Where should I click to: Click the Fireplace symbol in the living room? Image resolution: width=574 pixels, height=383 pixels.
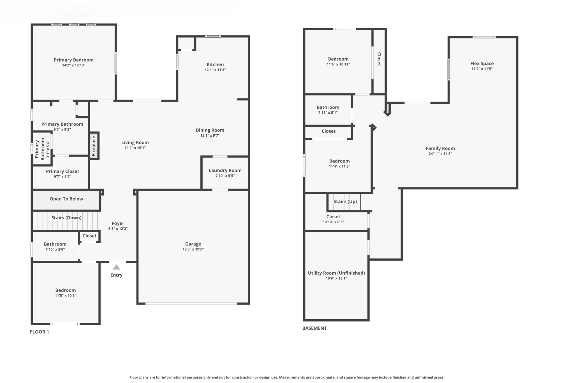click(94, 146)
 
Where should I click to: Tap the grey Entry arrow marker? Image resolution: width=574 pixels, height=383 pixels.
click(116, 267)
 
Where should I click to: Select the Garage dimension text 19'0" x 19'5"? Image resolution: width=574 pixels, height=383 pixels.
click(193, 249)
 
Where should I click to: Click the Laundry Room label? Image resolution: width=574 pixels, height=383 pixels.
click(225, 170)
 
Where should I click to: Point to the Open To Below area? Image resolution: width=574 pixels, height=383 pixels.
click(66, 199)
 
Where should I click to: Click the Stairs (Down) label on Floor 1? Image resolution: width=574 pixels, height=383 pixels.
click(66, 218)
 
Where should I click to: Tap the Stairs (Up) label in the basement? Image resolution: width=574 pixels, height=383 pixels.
click(345, 201)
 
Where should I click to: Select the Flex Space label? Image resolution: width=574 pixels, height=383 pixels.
click(482, 63)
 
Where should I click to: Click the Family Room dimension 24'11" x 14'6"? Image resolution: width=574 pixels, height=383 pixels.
click(440, 153)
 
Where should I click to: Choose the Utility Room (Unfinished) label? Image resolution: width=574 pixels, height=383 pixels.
click(336, 273)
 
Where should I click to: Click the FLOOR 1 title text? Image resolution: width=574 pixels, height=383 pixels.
click(39, 332)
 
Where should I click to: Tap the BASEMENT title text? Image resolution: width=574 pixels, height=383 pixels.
click(314, 328)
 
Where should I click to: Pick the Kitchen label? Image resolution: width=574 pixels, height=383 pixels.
click(215, 65)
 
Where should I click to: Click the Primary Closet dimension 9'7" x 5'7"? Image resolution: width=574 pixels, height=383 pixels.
click(62, 176)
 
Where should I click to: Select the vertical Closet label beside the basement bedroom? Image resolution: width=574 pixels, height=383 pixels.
click(379, 59)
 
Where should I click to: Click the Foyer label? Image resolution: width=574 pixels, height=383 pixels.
click(118, 223)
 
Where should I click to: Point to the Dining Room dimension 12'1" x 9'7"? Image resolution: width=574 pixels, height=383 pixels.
click(210, 135)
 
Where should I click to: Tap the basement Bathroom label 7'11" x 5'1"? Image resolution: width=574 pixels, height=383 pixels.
click(328, 107)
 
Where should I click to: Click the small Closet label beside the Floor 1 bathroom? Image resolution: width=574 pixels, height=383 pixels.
click(89, 236)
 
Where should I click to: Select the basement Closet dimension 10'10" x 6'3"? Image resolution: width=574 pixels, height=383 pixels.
click(333, 222)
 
